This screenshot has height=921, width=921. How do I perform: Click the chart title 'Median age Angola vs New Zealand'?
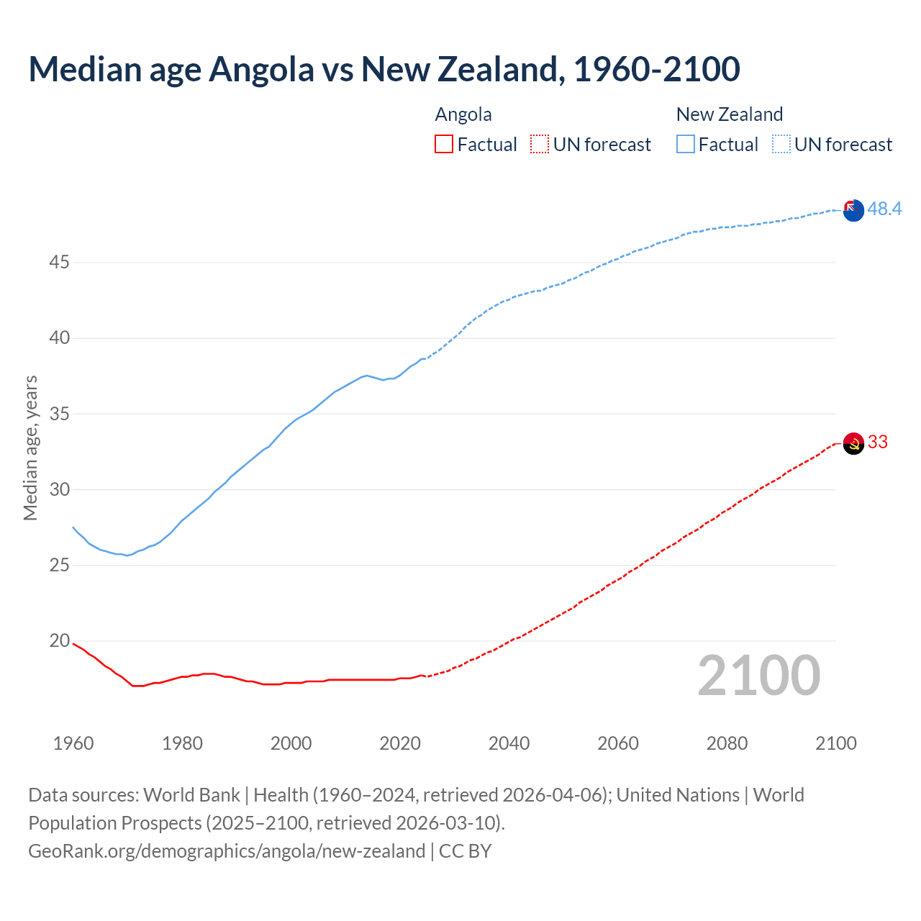coord(384,70)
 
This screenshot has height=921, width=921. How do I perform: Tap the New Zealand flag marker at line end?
coord(853,210)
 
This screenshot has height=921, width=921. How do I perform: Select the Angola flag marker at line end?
coord(853,443)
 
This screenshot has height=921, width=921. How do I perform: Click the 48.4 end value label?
coord(884,209)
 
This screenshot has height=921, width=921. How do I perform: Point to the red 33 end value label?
coord(878,442)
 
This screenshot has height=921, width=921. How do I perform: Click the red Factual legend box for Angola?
coord(444,145)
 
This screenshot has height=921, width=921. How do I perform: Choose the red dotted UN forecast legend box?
coord(540,145)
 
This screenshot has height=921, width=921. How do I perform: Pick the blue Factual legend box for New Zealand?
coord(685,145)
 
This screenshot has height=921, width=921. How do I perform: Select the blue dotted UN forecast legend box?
coord(781,145)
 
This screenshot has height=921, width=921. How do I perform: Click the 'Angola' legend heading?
coord(463,114)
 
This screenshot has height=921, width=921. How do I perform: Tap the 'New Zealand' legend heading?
coord(729,114)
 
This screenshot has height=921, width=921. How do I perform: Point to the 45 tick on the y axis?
coord(59,263)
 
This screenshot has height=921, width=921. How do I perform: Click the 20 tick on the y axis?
coord(59,640)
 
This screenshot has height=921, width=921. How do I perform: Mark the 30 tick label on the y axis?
coord(59,489)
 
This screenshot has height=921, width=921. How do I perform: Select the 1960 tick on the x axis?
coord(73,743)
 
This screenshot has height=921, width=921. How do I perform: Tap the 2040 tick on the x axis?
coord(509,743)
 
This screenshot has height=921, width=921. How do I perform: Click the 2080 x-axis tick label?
coord(727,743)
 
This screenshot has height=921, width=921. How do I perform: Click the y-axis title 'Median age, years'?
coord(30,448)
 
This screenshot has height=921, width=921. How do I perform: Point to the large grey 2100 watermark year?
coord(758,676)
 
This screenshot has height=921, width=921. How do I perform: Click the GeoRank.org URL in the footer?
coord(227,851)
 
